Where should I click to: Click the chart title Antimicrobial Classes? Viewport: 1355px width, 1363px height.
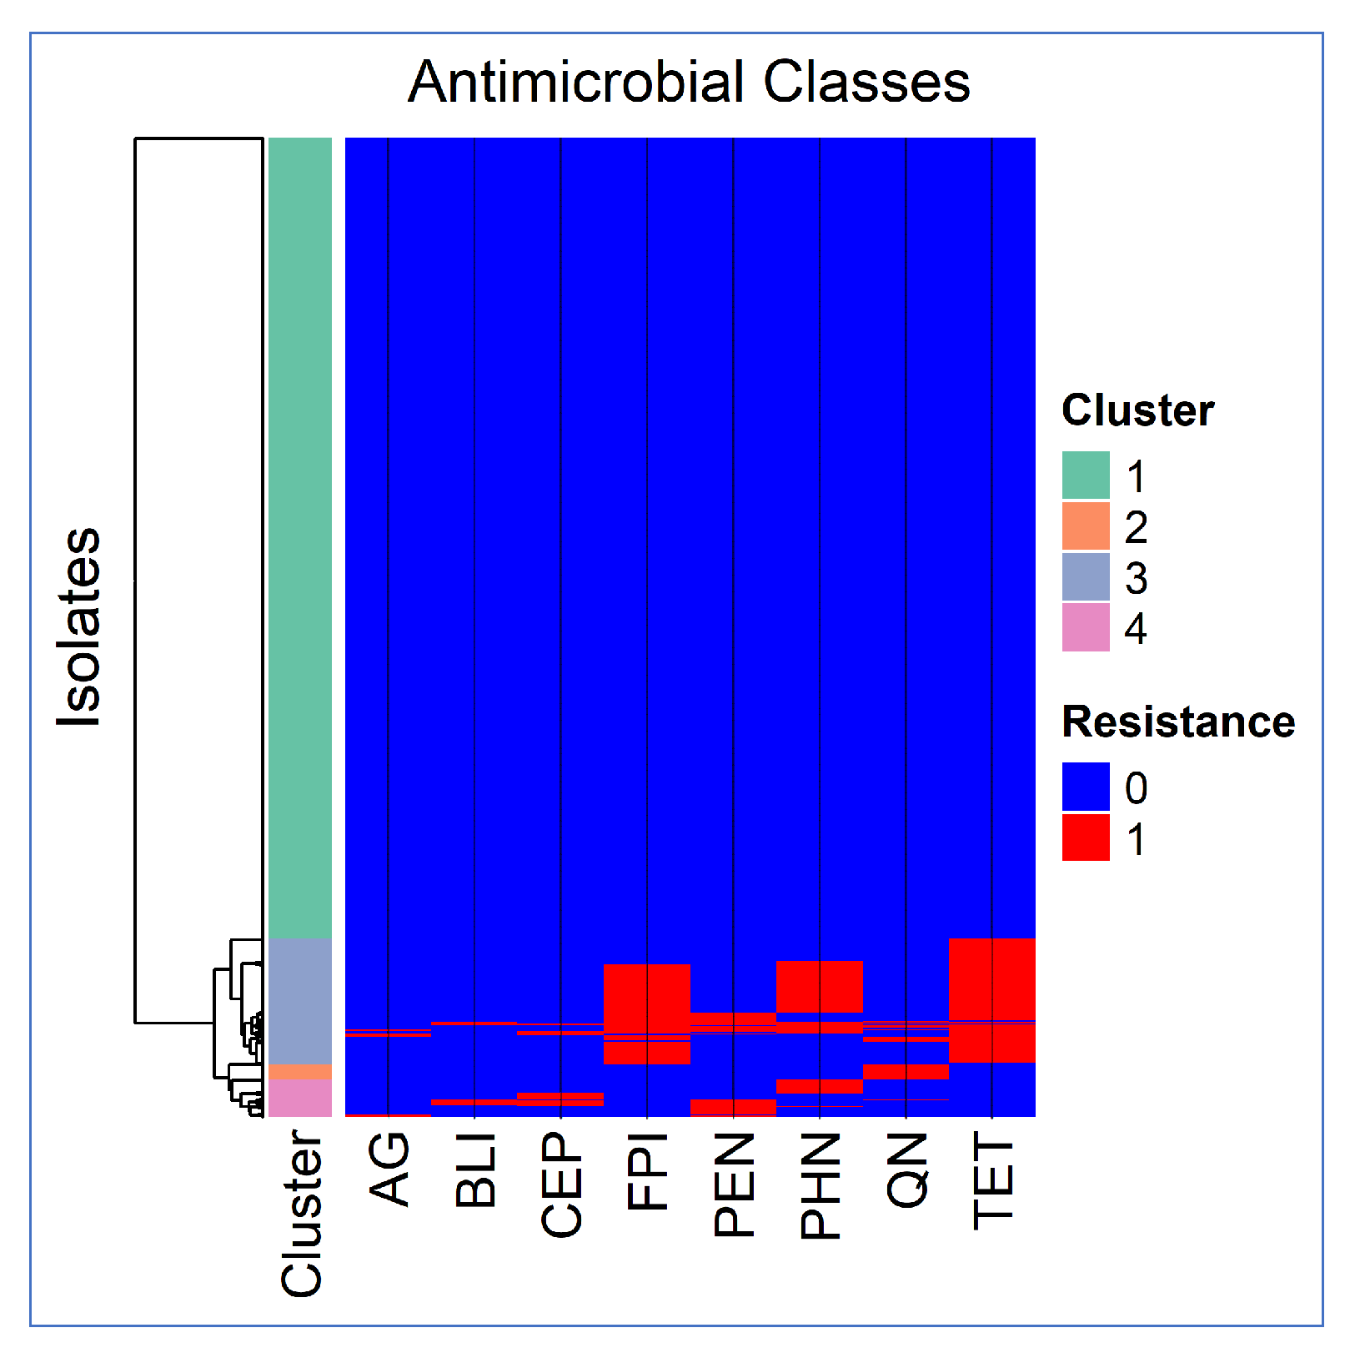(689, 82)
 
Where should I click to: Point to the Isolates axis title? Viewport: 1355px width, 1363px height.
(78, 626)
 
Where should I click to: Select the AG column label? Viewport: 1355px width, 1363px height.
(389, 1169)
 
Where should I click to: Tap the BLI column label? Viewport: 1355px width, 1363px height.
(475, 1169)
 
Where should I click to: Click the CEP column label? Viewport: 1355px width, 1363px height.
(561, 1184)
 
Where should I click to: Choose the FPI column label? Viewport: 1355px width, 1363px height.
(648, 1171)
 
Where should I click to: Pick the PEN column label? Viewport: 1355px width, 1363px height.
(734, 1184)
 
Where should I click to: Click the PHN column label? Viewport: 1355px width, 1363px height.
(821, 1185)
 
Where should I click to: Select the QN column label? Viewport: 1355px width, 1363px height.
(906, 1169)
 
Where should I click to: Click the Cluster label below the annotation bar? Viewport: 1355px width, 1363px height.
(301, 1214)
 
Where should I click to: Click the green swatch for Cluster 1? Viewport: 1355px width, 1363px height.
(1086, 475)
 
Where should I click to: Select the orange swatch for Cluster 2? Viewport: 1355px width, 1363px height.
(1086, 526)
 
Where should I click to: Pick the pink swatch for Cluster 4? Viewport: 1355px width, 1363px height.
(1086, 627)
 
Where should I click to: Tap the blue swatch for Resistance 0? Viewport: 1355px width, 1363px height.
(1086, 786)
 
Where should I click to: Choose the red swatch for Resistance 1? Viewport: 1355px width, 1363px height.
(1086, 837)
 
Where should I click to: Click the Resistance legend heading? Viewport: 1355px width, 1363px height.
(1177, 722)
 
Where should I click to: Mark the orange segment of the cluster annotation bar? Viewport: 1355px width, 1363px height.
(300, 1071)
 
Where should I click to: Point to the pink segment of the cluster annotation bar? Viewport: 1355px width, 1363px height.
(300, 1097)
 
